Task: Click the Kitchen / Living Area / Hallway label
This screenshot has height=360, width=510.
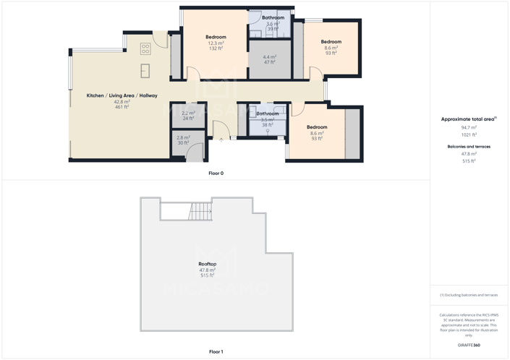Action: pos(122,95)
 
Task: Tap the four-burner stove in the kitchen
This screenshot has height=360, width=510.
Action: pos(145,49)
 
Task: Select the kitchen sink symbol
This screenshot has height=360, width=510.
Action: pos(145,70)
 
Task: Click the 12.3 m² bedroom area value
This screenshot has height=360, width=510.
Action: pos(216,43)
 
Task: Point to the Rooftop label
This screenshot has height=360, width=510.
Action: pos(208,264)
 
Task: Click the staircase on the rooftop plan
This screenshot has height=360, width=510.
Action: pos(200,212)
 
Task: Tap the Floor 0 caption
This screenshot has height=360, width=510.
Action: pos(216,173)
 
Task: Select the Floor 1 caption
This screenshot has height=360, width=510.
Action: pos(216,352)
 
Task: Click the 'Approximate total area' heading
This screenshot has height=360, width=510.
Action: pos(468,119)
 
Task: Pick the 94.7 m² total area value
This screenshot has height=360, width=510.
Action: pos(469,127)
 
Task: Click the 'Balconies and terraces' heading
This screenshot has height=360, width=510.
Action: pos(469,147)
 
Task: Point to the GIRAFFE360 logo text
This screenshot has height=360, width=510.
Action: pos(469,346)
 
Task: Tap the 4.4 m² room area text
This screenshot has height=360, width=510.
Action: pos(270,57)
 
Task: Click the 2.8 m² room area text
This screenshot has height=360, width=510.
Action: pos(183,137)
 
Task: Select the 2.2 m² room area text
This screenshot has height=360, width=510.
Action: pos(188,113)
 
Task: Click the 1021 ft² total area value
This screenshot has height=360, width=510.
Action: pos(469,134)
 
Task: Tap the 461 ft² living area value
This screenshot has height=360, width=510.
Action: pos(122,107)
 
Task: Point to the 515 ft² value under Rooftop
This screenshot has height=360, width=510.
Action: pos(208,275)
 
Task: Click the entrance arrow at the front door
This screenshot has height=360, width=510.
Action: pos(221,139)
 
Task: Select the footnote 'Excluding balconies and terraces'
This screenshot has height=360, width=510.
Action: pos(469,295)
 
